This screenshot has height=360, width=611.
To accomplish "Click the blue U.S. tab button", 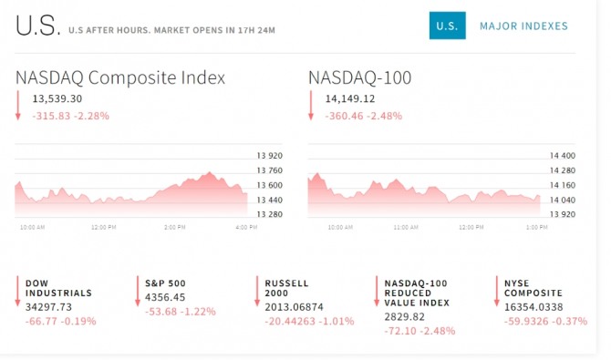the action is click(x=448, y=26).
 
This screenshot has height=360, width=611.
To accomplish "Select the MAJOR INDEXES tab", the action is click(x=523, y=26).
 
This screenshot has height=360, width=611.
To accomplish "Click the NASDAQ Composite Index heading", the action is click(x=120, y=77).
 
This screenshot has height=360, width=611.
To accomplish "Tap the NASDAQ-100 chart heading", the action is click(x=359, y=77).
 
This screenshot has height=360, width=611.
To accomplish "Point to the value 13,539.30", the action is click(x=57, y=99).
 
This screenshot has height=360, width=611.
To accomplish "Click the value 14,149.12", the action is click(x=350, y=99).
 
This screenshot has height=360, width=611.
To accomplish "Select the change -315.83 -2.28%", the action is click(x=70, y=116).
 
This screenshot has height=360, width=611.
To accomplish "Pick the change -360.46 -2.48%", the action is click(x=364, y=116).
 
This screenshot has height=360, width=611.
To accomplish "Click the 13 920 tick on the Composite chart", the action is click(x=270, y=156).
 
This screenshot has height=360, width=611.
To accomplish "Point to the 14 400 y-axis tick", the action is click(x=563, y=156).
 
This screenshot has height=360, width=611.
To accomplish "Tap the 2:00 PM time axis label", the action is click(x=174, y=227).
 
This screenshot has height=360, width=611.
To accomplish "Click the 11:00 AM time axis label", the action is click(x=406, y=227).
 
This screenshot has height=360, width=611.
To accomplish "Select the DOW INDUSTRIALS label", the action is click(x=59, y=288).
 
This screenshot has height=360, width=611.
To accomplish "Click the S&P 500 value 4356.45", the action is click(x=165, y=298).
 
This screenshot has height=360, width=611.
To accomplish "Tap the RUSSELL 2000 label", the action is click(x=286, y=288).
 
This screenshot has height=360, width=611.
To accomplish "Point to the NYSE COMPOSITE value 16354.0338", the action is click(x=533, y=307).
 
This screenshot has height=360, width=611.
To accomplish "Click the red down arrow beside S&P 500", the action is click(x=137, y=291).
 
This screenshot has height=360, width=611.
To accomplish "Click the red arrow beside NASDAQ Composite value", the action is click(x=18, y=105).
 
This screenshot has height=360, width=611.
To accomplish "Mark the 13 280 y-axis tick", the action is click(x=270, y=214).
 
